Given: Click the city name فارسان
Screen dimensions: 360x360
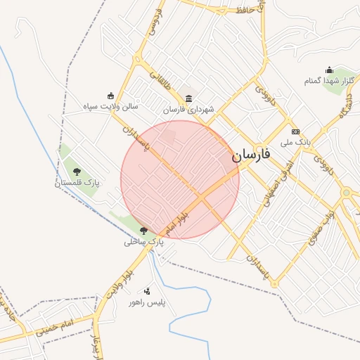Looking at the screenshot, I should (251, 155).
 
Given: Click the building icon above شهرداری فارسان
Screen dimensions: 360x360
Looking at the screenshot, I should (188, 98).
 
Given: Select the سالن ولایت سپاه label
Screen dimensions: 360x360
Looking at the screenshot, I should (110, 106).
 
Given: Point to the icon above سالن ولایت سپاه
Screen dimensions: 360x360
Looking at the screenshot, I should (110, 96).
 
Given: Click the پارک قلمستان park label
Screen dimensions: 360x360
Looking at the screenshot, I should (77, 183).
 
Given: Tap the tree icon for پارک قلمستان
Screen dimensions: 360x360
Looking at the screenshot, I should (77, 172).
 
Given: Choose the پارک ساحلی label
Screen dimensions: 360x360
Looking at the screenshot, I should (143, 241).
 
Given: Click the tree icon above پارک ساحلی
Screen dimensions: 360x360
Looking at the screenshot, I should (144, 230).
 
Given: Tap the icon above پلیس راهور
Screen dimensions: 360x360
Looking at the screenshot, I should (147, 290).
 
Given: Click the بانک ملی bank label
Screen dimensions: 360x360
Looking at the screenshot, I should (295, 142).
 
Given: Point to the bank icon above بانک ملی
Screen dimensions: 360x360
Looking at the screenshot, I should (295, 131).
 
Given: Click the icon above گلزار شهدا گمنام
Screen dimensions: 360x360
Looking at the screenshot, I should (329, 70).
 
